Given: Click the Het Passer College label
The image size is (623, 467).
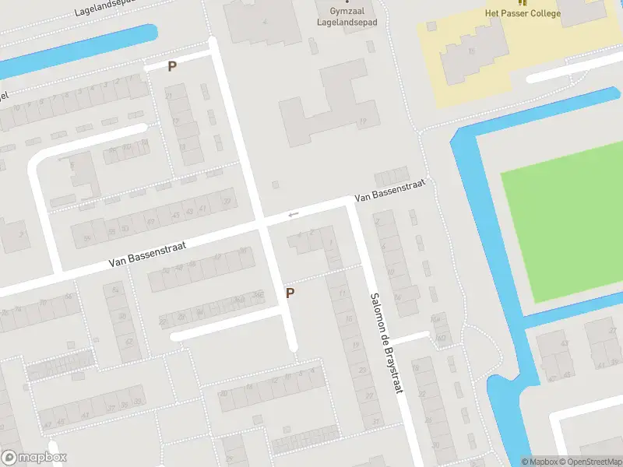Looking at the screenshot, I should (523, 13).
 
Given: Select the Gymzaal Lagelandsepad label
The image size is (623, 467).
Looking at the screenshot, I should (347, 18).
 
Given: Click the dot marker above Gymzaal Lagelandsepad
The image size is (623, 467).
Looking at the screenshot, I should (347, 2).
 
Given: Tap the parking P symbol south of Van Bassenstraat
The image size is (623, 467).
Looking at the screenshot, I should (290, 293).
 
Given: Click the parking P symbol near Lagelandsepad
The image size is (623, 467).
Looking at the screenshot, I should (172, 67).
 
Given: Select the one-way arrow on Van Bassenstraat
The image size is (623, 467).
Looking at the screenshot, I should (293, 215).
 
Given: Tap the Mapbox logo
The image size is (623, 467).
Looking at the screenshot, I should (34, 458).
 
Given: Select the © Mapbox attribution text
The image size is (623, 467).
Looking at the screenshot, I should (539, 462).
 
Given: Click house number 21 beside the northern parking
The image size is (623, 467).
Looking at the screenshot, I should (169, 96).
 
